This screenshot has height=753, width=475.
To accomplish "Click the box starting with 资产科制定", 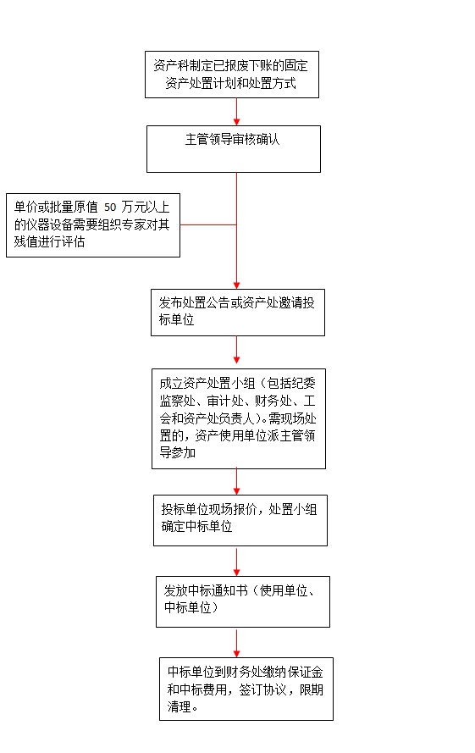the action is [x=232, y=75].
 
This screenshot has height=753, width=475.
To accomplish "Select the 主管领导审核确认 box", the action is [x=234, y=149].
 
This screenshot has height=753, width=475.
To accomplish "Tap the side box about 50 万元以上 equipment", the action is [x=93, y=225].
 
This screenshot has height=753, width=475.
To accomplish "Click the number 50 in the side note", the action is [x=110, y=208].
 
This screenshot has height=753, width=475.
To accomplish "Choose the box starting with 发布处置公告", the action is [x=238, y=313].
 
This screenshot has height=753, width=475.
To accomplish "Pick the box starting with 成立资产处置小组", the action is [x=239, y=418].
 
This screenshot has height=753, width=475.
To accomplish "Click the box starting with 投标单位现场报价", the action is [x=240, y=521].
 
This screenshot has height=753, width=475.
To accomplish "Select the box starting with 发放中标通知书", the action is [x=243, y=601].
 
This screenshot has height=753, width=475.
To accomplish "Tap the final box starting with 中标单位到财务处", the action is [x=246, y=689].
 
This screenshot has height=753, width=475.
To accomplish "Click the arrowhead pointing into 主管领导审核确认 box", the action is [x=236, y=122].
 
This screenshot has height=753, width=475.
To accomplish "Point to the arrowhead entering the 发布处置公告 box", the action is [x=236, y=285].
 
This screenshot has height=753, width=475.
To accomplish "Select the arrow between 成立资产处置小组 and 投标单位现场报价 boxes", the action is [x=236, y=482].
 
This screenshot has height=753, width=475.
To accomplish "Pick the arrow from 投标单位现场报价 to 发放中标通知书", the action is [x=236, y=561].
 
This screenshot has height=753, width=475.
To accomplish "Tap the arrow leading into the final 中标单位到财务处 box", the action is [x=236, y=643].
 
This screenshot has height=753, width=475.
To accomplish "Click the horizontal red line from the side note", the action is [x=208, y=224].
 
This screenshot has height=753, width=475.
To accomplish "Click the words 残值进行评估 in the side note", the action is [x=49, y=241].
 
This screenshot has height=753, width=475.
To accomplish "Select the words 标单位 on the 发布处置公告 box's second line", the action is [x=177, y=320].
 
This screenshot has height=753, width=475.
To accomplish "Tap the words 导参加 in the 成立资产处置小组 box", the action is [x=178, y=452].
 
